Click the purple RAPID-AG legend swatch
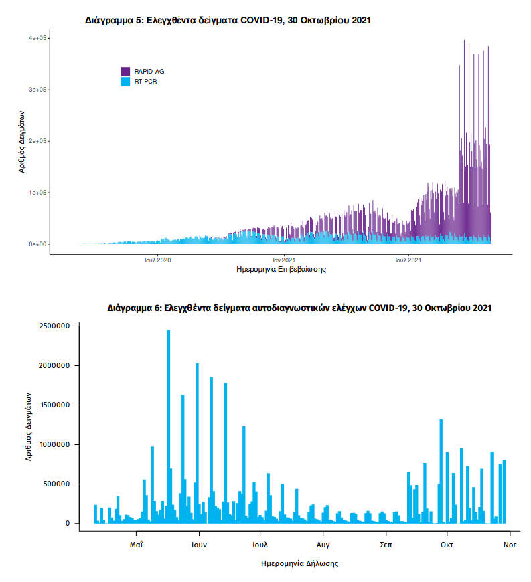[125, 71]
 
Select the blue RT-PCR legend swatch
[125, 81]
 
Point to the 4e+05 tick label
[37, 39]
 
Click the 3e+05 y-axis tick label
[37, 90]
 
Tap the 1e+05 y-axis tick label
[37, 193]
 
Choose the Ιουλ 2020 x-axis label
[157, 259]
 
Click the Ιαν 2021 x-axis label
[284, 259]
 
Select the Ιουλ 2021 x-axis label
[408, 259]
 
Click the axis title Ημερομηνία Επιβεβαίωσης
[281, 270]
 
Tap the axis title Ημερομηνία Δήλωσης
[299, 563]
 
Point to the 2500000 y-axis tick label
[54, 326]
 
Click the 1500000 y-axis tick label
[54, 405]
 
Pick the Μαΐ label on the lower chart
[137, 545]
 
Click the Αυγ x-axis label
[323, 545]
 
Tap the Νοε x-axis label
[510, 545]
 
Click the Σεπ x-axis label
[386, 545]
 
